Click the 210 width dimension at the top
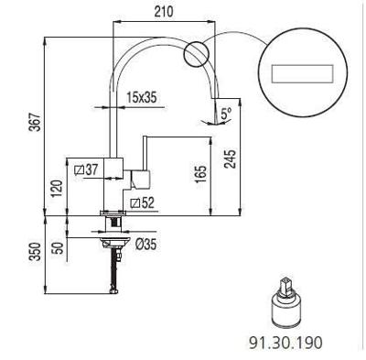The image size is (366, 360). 163,12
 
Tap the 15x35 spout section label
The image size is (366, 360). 142,98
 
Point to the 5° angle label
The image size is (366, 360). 226,114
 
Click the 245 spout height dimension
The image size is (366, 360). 231,158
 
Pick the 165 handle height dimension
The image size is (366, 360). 201,174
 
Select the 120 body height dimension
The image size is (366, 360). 57,189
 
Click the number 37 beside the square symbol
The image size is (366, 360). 92,169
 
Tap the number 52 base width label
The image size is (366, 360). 148,202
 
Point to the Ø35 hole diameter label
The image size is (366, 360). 145,245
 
